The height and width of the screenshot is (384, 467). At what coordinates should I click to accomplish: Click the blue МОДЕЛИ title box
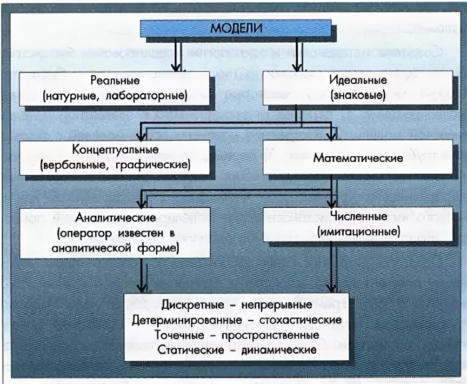click(x=236, y=28)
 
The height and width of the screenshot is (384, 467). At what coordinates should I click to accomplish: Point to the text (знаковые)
click(x=358, y=96)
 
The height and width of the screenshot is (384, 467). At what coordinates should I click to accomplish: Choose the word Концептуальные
click(x=115, y=149)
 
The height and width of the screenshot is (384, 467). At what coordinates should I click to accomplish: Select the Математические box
click(x=358, y=158)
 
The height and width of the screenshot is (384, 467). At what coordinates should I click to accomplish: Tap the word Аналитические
click(x=115, y=217)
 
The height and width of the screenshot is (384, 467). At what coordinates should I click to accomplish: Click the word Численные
click(x=358, y=216)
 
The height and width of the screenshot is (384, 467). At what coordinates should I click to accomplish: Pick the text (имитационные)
click(x=358, y=233)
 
